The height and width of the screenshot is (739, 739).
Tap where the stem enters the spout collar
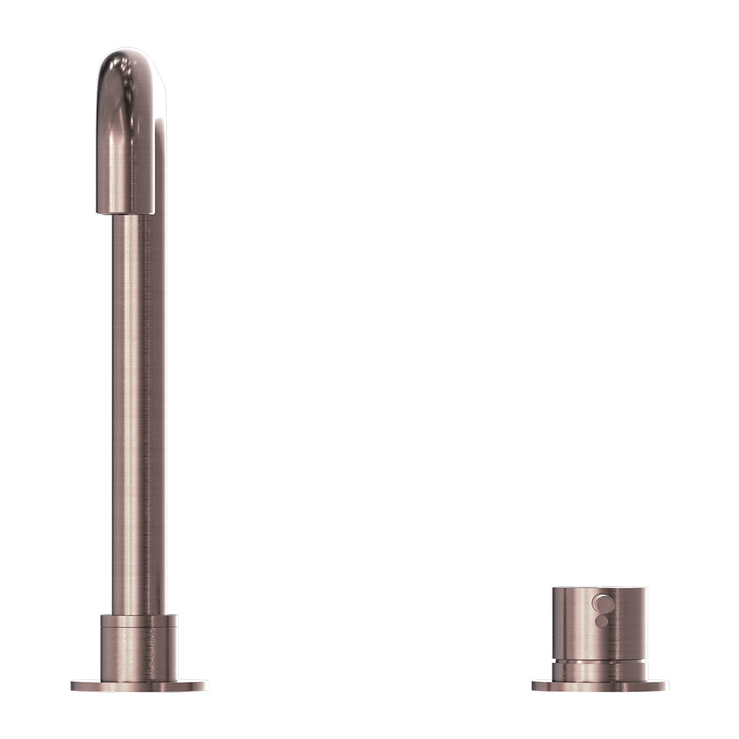[131, 615]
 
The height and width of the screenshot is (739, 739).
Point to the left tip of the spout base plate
[73, 685]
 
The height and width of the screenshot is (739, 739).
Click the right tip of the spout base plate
[206, 685]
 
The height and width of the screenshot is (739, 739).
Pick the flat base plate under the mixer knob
[600, 685]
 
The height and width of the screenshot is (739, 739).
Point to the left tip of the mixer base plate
[534, 685]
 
